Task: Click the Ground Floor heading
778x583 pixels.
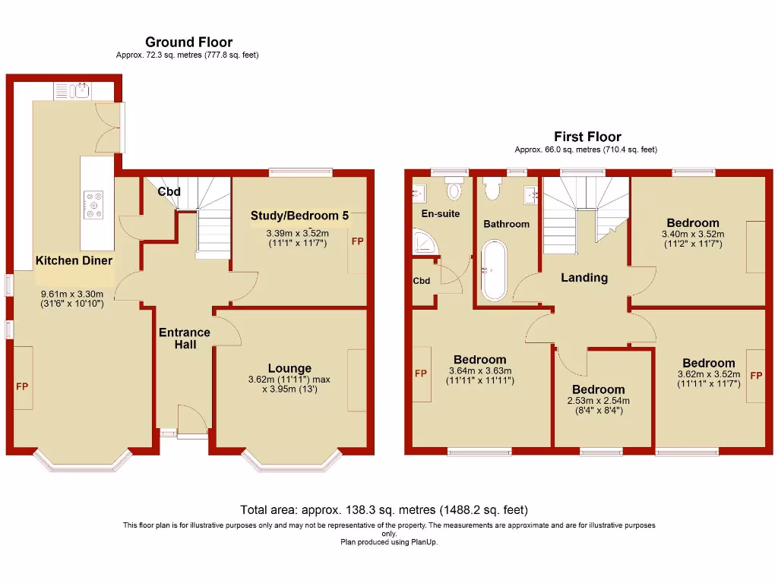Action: coord(188,43)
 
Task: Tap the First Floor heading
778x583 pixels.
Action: coord(587,137)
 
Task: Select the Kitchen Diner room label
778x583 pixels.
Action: coord(74,260)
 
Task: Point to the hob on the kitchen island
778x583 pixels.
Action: coord(95,203)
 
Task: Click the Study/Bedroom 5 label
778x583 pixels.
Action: coord(299,216)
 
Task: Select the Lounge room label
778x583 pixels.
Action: coord(289,369)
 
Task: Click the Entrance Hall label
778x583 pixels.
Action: coord(184,339)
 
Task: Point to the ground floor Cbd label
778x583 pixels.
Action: coord(169,192)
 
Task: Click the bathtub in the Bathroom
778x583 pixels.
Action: coord(494,270)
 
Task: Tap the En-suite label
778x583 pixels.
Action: coord(441,214)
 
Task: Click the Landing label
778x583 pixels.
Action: coord(583,278)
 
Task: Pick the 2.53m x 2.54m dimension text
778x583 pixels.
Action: coord(598,401)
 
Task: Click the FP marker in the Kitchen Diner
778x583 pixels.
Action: coord(22,387)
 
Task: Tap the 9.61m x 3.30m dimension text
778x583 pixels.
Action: coord(72,295)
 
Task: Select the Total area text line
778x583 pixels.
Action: coord(384,510)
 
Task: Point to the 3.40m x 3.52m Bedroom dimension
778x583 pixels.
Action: coord(693,235)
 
